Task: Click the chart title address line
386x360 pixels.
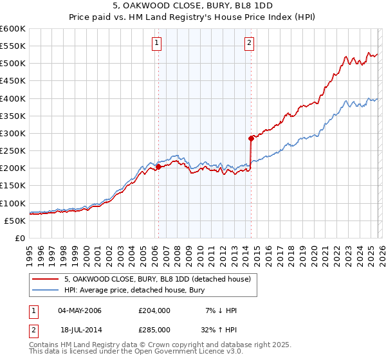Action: pyautogui.click(x=192, y=7)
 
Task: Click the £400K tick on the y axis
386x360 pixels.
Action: pyautogui.click(x=13, y=98)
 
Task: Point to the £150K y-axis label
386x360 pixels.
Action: pyautogui.click(x=13, y=186)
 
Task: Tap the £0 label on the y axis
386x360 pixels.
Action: pyautogui.click(x=21, y=238)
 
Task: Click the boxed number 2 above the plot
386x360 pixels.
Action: pyautogui.click(x=249, y=43)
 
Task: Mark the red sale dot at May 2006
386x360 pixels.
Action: pyautogui.click(x=158, y=166)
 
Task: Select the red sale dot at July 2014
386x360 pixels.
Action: pyautogui.click(x=251, y=138)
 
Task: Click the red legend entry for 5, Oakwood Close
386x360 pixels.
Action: pyautogui.click(x=161, y=279)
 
